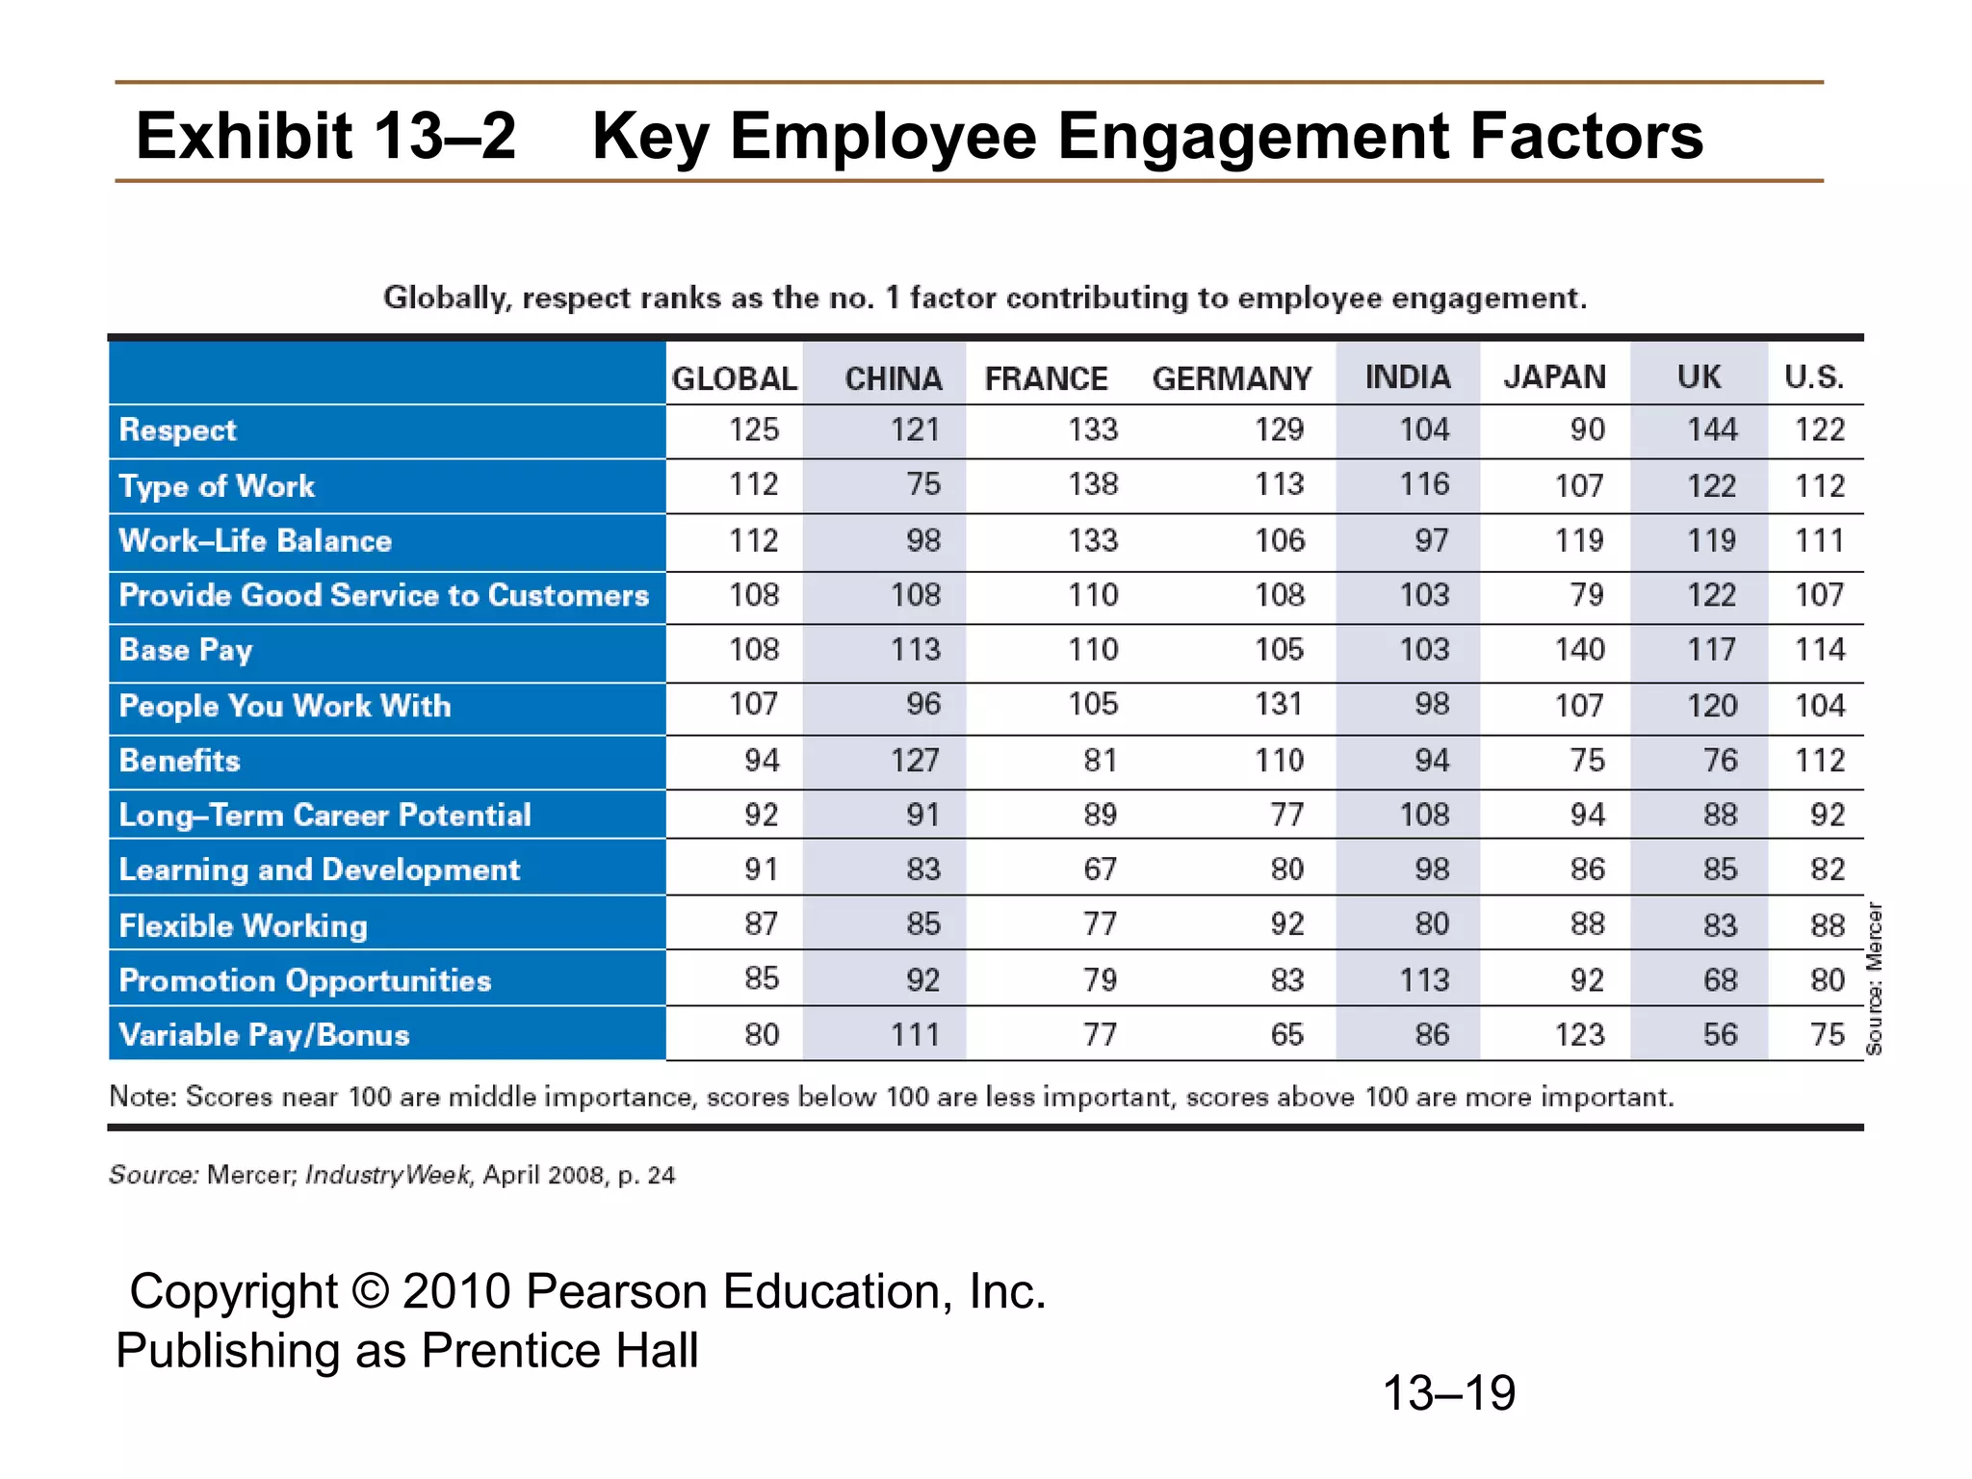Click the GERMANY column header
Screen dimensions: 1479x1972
(1232, 378)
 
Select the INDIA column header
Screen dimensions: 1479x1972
(1407, 376)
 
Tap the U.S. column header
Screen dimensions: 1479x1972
(1814, 376)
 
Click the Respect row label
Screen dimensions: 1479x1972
(177, 430)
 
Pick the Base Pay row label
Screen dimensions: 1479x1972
(186, 650)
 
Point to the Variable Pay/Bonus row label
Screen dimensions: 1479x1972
(264, 1035)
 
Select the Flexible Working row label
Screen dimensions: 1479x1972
(243, 925)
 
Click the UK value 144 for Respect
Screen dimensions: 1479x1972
(1711, 429)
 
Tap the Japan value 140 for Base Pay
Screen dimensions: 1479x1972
(1579, 650)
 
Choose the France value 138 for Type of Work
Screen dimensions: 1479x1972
(1092, 484)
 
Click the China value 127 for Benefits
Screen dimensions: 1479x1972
(914, 761)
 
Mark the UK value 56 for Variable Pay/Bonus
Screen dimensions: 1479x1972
(1720, 1035)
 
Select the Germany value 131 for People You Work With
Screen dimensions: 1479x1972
(1279, 705)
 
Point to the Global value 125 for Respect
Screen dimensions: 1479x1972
(753, 429)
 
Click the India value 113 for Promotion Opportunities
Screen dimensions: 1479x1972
(1423, 980)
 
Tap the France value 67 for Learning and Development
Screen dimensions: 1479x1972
(1100, 869)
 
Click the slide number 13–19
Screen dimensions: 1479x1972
(1448, 1393)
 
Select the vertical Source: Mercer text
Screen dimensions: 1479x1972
(1874, 978)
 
